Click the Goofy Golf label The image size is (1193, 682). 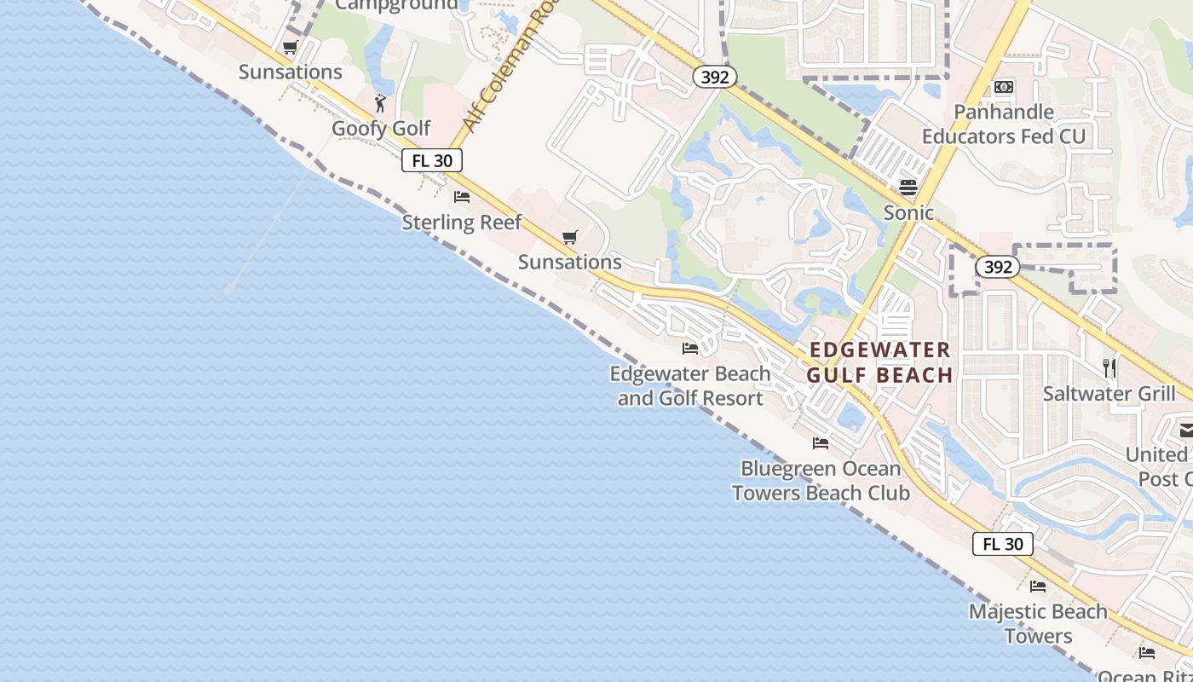click(381, 129)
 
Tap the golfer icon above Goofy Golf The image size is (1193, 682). click(380, 104)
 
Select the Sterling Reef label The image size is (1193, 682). click(462, 223)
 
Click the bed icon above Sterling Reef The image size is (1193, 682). click(462, 197)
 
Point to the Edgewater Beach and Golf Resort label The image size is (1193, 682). click(690, 385)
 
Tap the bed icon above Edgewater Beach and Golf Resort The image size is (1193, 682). click(690, 348)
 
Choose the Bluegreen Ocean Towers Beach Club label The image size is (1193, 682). click(821, 481)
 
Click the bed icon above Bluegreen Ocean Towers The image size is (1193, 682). click(821, 443)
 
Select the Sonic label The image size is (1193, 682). click(908, 212)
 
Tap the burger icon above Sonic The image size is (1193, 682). click(908, 187)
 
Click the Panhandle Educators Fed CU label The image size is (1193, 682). click(1004, 124)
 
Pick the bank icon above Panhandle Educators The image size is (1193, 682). click(1004, 87)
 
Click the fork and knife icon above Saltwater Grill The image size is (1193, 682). click(1109, 367)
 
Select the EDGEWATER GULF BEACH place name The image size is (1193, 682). click(879, 362)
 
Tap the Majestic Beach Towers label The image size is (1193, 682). click(1038, 623)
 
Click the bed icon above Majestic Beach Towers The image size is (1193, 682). click(1038, 587)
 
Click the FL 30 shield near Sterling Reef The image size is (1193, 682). click(432, 160)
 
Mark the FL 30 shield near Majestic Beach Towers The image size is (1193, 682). click(1003, 544)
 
